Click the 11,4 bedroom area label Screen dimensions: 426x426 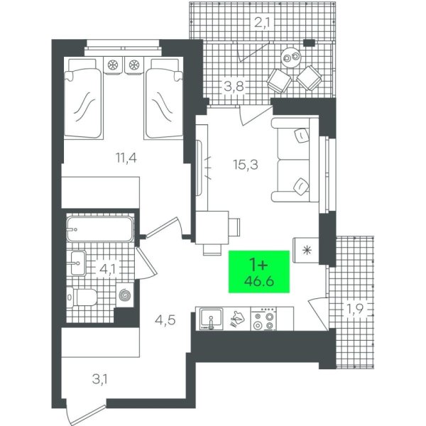coord(126,158)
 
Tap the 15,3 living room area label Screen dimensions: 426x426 coord(246,165)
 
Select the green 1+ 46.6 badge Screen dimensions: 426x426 coord(259,272)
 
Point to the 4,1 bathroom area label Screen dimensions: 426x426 coord(108,269)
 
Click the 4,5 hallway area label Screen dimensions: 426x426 coord(165,319)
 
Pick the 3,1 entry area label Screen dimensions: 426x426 coord(99,379)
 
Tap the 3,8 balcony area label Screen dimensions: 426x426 coord(234,87)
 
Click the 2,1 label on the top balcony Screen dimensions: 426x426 coord(262,23)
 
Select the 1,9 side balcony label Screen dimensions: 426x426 coord(354,309)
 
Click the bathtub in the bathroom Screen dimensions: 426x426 coord(100,229)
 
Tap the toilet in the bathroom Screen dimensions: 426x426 coord(82,297)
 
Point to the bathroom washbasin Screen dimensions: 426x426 coord(78,263)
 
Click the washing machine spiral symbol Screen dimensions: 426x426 coord(125,295)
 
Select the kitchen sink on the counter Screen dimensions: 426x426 coord(211,319)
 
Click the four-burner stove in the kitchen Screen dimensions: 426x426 coord(263,319)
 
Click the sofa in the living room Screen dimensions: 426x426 coord(295,160)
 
